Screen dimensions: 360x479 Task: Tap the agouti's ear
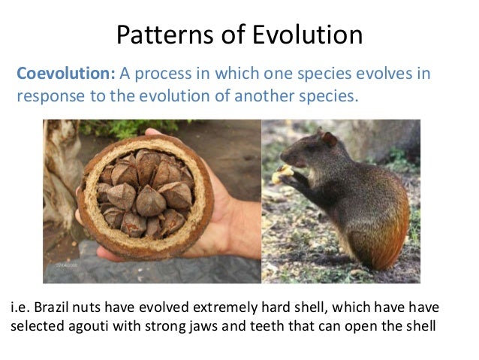[328, 139]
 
